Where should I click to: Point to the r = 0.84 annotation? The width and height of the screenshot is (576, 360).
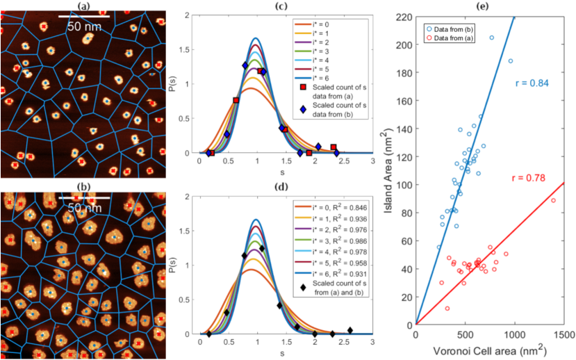click(x=532, y=83)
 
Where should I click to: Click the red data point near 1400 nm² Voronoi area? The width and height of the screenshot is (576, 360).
click(x=553, y=201)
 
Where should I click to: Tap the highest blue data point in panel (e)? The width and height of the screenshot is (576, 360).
click(x=492, y=38)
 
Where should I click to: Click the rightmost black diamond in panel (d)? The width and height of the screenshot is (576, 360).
click(x=350, y=330)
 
